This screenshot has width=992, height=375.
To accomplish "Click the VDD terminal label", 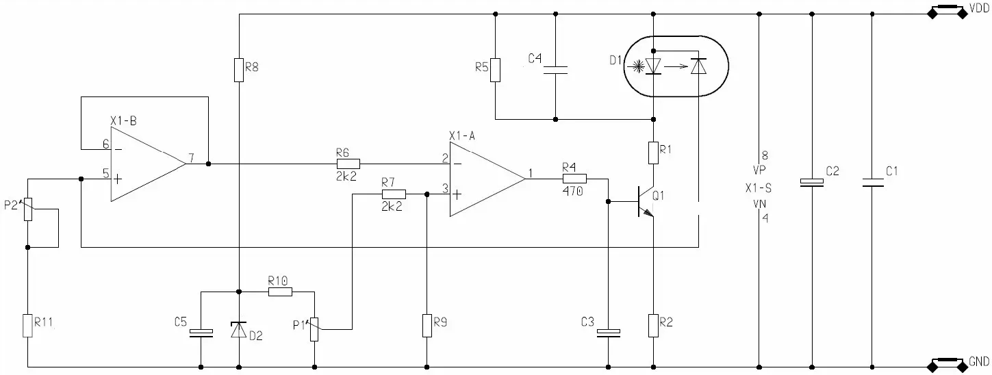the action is [x=978, y=9].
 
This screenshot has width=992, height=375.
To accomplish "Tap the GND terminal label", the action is [x=979, y=362].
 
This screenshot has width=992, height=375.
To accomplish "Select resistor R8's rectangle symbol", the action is [x=239, y=70].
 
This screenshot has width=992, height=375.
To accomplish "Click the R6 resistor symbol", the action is [x=348, y=164].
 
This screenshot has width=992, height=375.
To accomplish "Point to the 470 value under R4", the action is [x=572, y=191].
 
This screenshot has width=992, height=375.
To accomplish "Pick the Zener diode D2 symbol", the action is [x=239, y=330].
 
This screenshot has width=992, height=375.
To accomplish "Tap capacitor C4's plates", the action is [x=555, y=70].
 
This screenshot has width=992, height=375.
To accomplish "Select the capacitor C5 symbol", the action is [x=201, y=333].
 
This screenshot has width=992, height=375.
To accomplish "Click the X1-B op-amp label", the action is [x=123, y=121].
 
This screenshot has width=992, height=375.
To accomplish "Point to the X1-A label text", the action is [x=462, y=135].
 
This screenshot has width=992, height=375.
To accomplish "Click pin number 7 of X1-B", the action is [x=191, y=158].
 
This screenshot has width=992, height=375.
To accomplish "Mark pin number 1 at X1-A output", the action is [x=531, y=173].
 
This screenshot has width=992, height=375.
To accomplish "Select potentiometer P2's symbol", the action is [x=28, y=209].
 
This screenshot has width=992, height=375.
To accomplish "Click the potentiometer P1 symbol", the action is [x=314, y=329].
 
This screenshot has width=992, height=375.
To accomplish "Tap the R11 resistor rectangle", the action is [x=27, y=326].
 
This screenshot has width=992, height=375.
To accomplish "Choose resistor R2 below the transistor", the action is [x=653, y=326].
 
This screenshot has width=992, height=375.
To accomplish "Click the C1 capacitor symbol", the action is [x=872, y=182].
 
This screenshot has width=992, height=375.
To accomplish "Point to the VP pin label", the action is [x=759, y=170].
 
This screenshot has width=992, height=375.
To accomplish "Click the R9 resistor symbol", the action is [x=427, y=326].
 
